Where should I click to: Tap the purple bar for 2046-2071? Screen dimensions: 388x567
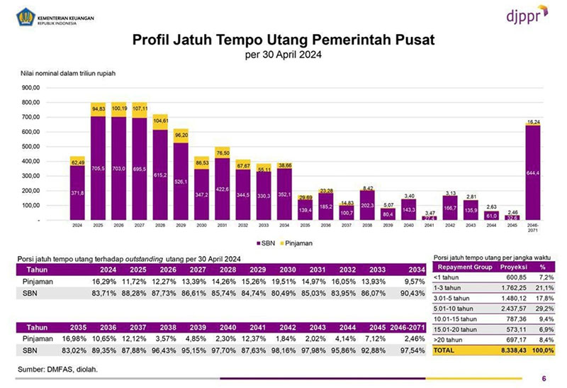tap(533, 173)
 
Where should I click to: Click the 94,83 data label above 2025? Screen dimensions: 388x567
tap(98, 109)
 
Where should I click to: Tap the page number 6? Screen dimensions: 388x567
tap(543, 378)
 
